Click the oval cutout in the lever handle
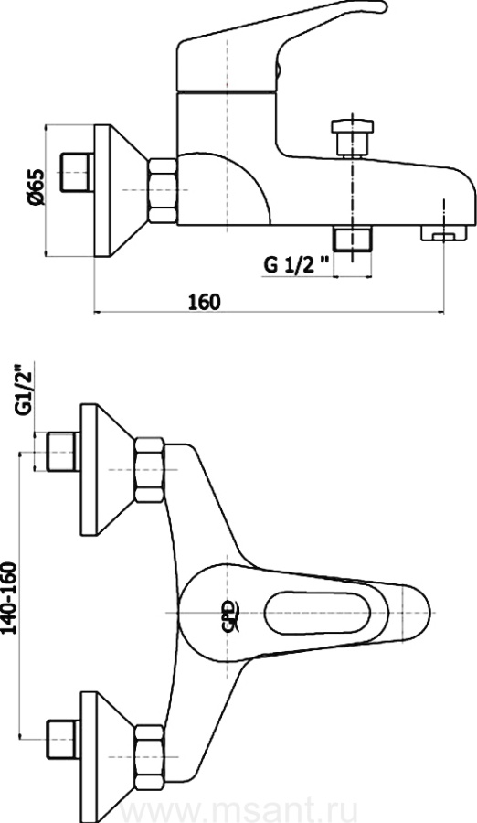click(x=319, y=613)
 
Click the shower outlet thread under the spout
click(x=352, y=239)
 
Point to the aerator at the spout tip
click(x=444, y=233)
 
